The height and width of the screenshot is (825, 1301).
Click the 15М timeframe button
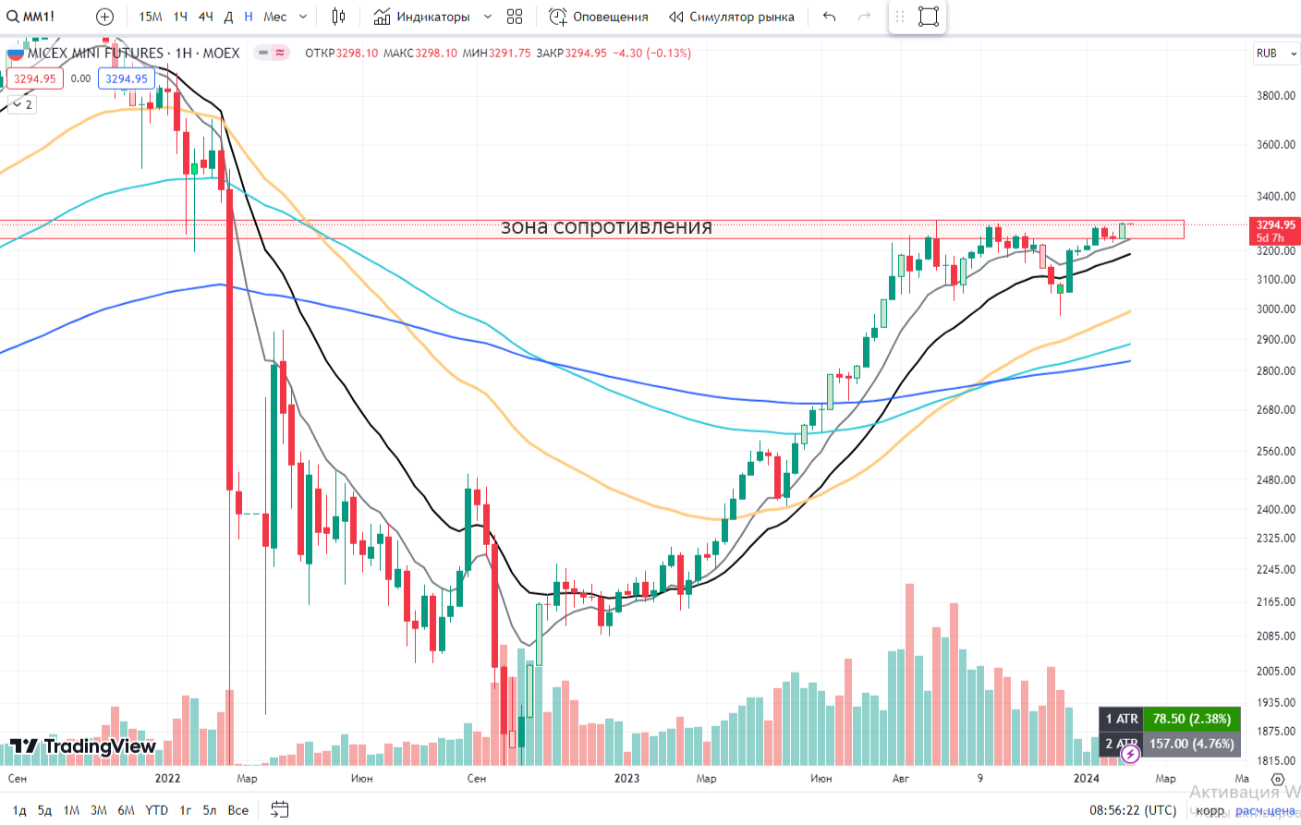point(151,17)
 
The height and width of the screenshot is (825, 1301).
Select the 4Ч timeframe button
point(205,17)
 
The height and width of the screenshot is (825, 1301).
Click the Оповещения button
point(599,17)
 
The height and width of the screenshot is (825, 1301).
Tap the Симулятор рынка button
point(732,17)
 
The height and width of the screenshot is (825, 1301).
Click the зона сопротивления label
point(606,227)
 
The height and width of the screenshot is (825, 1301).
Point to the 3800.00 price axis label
point(1275,95)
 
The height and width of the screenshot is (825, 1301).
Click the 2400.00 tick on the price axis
point(1275,509)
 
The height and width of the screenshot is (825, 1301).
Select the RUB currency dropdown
point(1276,54)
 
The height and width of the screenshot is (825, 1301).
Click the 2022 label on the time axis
point(167,779)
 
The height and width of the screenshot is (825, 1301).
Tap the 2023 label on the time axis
point(626,779)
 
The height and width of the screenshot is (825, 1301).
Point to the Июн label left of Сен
point(362,779)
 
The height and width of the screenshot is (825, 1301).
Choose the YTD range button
point(156,810)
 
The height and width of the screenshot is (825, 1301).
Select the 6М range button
point(126,810)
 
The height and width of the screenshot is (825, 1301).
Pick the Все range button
point(238,810)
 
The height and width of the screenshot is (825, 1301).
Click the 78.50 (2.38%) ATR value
point(1191,719)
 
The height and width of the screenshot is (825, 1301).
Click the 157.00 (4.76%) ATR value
point(1191,744)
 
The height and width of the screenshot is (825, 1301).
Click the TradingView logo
point(83,746)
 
